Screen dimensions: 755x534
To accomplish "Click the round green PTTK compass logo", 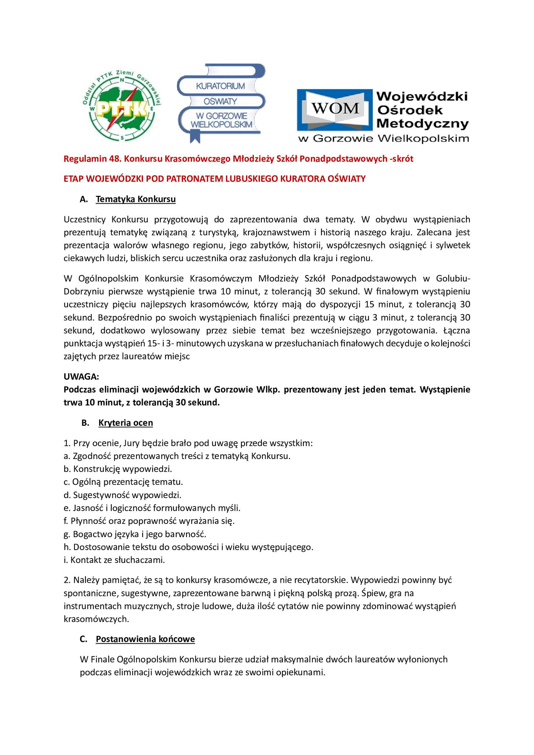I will coord(122,107).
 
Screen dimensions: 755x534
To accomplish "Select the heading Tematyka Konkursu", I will coord(136,199).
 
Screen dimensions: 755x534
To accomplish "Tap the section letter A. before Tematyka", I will coord(84,199).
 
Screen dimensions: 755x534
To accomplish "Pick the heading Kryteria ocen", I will coord(126,423).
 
